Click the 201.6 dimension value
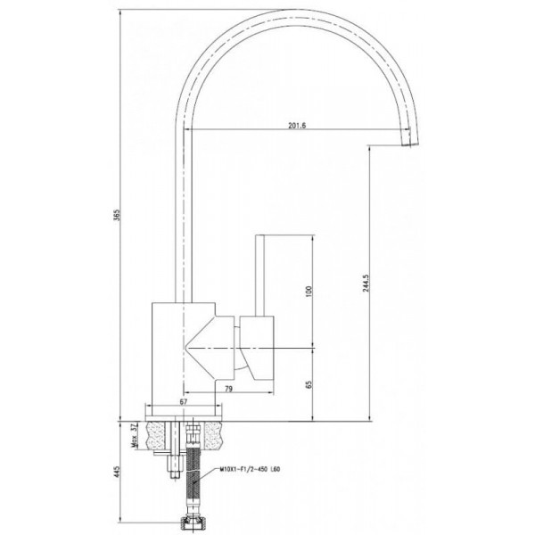pos(297,125)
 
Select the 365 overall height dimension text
pos(117,215)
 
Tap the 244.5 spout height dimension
pos(366,282)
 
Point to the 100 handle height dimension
pos(309,291)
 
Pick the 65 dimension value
pos(309,384)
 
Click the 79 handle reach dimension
pos(229,389)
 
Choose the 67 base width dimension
pos(184,401)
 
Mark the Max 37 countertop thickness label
pos(134,435)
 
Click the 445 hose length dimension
pos(117,472)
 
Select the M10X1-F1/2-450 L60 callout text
pos(251,469)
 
